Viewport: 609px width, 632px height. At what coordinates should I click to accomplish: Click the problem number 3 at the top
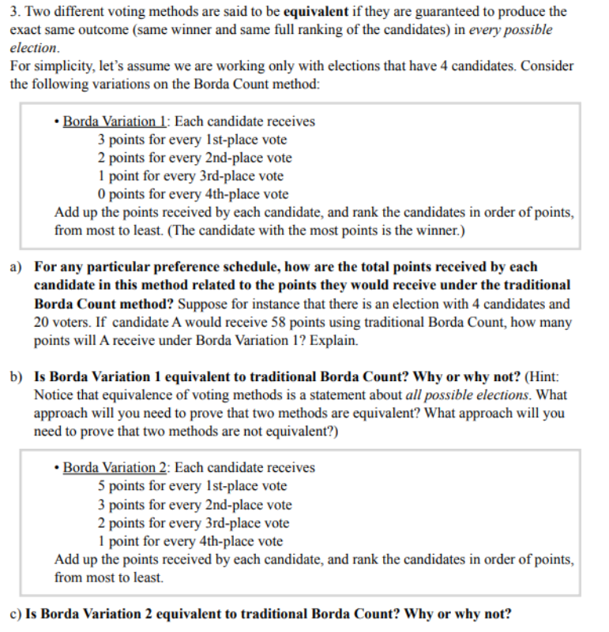click(14, 12)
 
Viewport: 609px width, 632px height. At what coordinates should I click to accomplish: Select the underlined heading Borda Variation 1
click(115, 122)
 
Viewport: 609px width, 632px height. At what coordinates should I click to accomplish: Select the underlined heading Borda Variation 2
click(115, 468)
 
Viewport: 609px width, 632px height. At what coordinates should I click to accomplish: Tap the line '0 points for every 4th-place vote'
click(193, 194)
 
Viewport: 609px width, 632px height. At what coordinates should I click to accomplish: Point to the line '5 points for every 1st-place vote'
click(192, 486)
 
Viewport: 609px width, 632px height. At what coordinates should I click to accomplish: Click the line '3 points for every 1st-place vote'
click(192, 140)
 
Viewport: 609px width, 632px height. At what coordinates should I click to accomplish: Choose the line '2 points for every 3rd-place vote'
click(193, 523)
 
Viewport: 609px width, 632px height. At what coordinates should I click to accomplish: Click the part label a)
click(17, 267)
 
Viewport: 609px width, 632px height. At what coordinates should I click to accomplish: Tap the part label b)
click(17, 378)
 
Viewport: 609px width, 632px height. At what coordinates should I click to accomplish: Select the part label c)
click(17, 614)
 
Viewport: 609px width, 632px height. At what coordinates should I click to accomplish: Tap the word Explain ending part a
click(335, 341)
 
